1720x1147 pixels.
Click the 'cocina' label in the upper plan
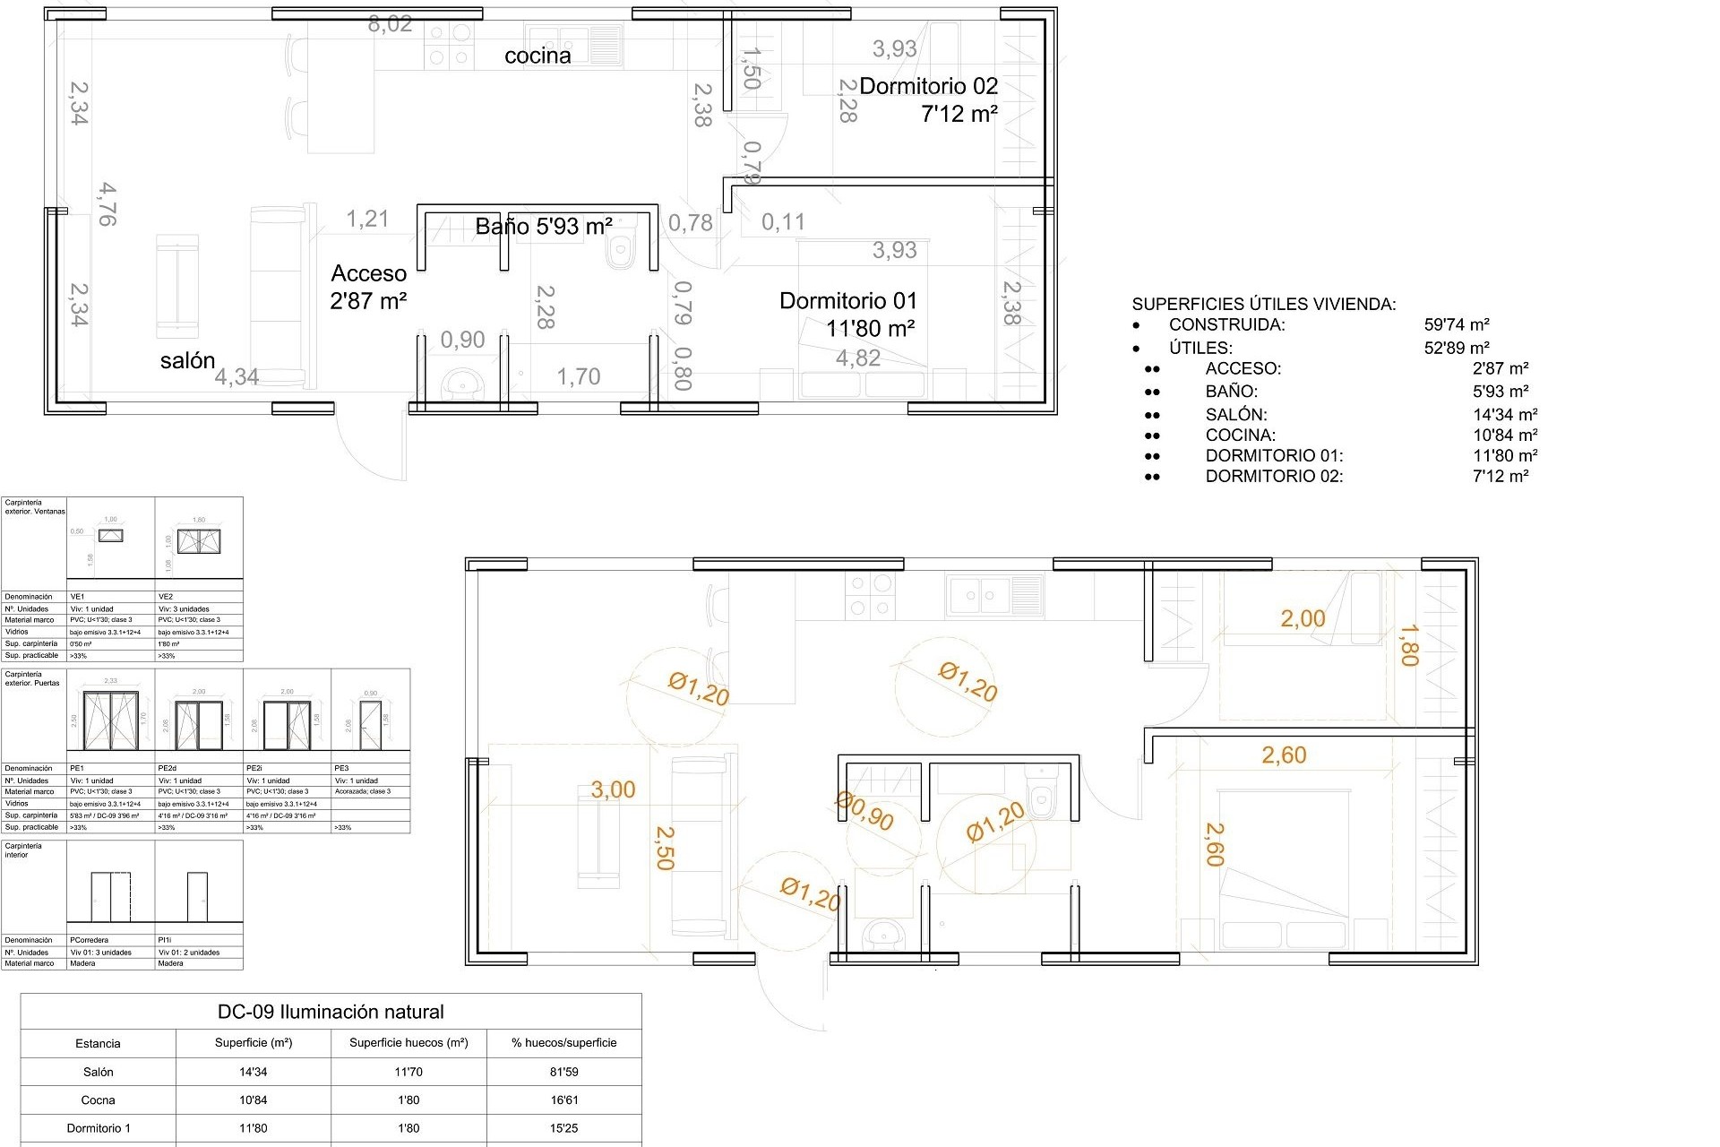[537, 56]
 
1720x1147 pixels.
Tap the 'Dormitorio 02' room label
[928, 86]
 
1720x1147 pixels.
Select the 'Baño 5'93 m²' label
[544, 227]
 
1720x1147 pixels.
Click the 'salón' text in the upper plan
[188, 360]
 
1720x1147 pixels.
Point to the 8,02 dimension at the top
[390, 24]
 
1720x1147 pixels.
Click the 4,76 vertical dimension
[107, 204]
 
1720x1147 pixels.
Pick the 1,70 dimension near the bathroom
[579, 376]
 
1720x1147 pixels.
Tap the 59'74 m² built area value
[1457, 325]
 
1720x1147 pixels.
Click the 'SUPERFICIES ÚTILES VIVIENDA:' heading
[1263, 304]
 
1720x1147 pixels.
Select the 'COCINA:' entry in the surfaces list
[1240, 435]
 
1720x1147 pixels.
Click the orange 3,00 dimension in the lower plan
[613, 789]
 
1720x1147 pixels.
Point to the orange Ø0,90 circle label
[864, 811]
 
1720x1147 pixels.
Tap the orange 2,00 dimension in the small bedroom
[1303, 618]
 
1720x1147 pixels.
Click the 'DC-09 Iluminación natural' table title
[331, 1012]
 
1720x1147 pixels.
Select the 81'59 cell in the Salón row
[563, 1072]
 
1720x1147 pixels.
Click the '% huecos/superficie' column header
[563, 1042]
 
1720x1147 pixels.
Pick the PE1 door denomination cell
[77, 768]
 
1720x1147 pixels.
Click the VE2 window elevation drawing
[198, 541]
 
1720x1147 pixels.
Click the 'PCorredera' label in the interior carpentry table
[90, 940]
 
